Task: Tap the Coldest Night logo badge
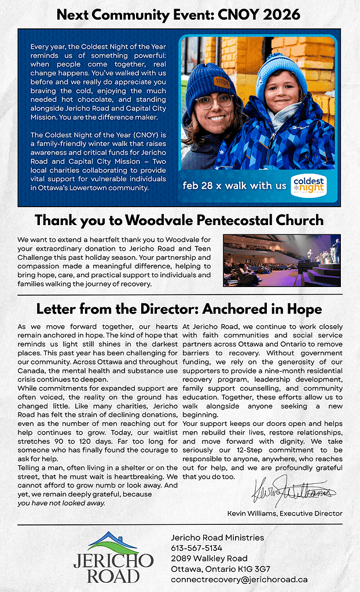pos(308,185)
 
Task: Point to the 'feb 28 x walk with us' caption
pos(234,186)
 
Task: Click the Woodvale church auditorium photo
pos(282,260)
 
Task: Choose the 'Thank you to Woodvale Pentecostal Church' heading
pos(179,220)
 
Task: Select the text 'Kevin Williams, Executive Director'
pos(285,513)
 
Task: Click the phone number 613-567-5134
pos(197,548)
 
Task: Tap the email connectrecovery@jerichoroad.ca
pos(239,579)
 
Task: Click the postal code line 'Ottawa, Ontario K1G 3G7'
pos(221,569)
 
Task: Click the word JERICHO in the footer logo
pos(113,561)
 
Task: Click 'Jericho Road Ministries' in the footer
pos(218,538)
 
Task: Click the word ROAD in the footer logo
pos(113,576)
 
